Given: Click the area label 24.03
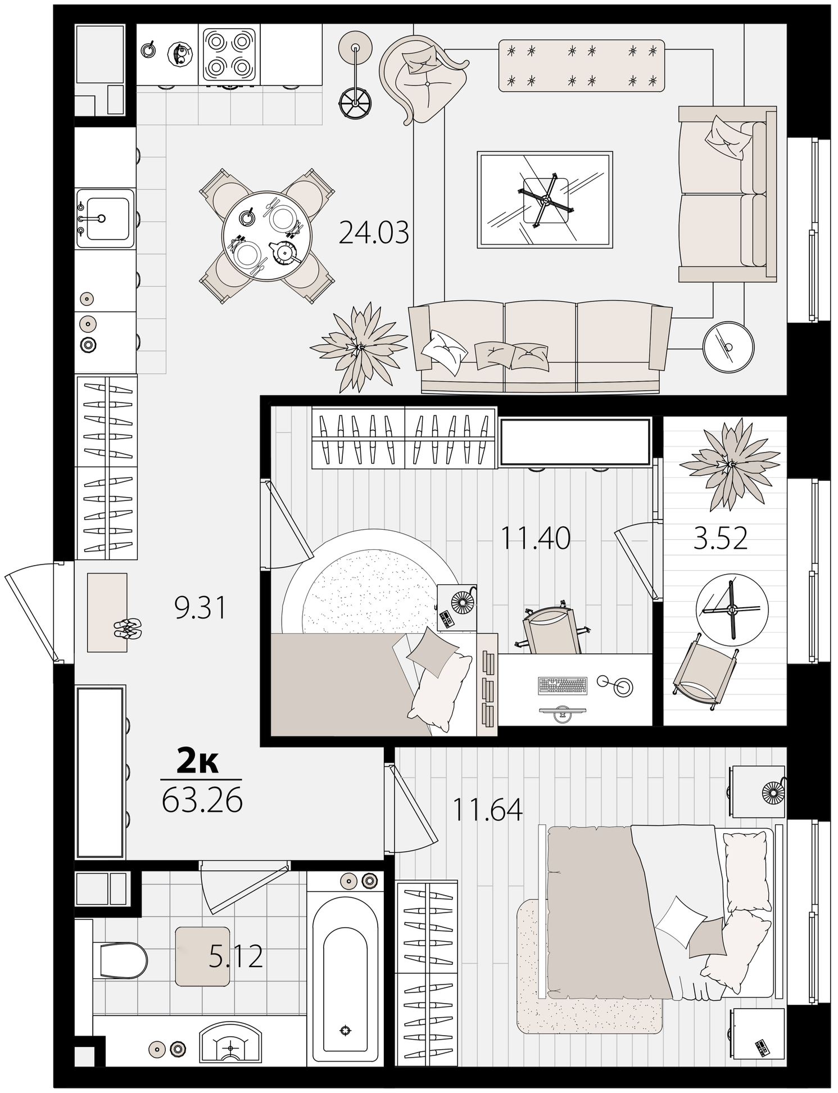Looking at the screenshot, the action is tap(374, 232).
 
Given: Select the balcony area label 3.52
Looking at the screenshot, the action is tap(721, 538).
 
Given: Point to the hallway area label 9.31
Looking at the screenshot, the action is tap(200, 608).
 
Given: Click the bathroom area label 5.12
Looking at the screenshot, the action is tap(236, 956).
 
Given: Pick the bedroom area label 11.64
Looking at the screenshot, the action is tap(487, 810).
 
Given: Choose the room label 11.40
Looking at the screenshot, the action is tap(535, 538).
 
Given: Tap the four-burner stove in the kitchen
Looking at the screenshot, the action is tap(229, 55).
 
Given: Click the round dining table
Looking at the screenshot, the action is tap(266, 235).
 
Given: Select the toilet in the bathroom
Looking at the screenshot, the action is tap(120, 960).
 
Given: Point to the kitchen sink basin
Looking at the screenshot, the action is tap(106, 219).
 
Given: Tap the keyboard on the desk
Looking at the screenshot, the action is tap(562, 685).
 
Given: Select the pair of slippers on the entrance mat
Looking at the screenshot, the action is tap(128, 627).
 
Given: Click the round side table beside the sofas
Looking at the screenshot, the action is tap(728, 346).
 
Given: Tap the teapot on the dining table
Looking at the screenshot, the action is tap(286, 253).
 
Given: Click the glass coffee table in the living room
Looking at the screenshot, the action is tap(545, 200).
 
